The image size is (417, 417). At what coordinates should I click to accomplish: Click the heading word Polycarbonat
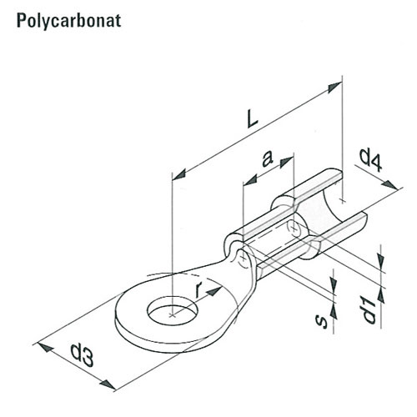point(68,21)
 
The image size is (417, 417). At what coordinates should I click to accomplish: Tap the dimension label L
point(253,118)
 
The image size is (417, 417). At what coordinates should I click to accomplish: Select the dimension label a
point(267,158)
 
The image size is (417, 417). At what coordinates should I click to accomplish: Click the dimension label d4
point(371,160)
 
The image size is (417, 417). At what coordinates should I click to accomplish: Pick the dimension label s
point(322,321)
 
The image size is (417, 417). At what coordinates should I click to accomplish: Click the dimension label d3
point(82,355)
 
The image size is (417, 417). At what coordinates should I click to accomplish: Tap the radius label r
point(198,289)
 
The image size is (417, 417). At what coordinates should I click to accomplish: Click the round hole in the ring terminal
point(172,310)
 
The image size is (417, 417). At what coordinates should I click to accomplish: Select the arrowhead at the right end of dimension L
point(334,88)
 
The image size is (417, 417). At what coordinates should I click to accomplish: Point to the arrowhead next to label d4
point(390,185)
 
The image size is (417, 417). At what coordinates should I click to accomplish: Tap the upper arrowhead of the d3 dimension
point(46,347)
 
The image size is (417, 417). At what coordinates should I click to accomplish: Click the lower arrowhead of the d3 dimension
point(108,384)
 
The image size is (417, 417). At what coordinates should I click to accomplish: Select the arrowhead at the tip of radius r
point(214,291)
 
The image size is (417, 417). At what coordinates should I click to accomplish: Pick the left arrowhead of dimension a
point(250,180)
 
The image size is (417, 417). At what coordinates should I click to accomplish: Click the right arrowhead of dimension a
point(286,163)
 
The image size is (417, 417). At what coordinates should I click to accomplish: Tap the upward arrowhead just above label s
point(334,311)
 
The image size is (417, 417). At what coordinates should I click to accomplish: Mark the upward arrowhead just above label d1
point(381,294)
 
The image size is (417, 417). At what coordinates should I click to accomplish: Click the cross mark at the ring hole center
point(173,315)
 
